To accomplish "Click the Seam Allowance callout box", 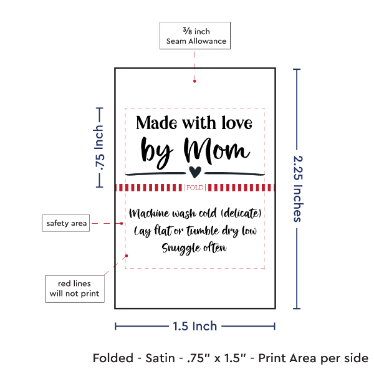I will pos(195,36).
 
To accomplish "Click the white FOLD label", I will pos(194,188).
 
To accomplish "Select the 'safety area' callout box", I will pos(65,223).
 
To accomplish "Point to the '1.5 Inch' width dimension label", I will pos(195,325).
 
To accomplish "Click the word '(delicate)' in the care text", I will pos(239,214).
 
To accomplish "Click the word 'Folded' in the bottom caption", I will pos(113,358).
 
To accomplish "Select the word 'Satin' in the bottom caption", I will pos(160,358).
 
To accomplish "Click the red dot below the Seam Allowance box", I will pos(195,80).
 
